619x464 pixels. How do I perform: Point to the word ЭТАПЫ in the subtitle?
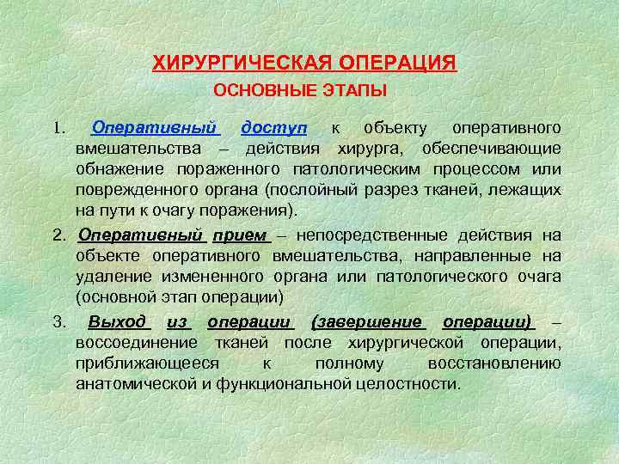[352, 90]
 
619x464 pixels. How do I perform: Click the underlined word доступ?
[274, 128]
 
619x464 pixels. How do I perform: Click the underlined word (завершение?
[369, 322]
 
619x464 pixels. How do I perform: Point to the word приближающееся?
[147, 363]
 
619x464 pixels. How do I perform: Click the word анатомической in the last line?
[136, 383]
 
